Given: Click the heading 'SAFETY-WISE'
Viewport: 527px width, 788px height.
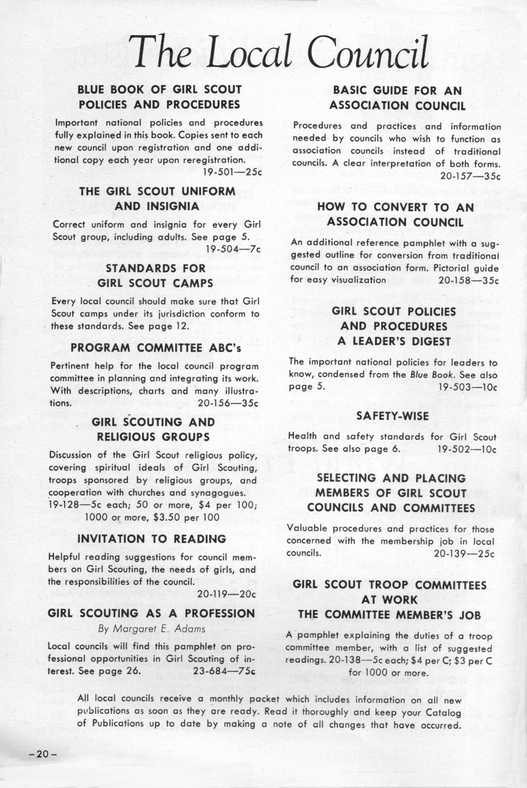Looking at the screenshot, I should (x=392, y=416).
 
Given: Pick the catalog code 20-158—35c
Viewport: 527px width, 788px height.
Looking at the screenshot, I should (x=468, y=280).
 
